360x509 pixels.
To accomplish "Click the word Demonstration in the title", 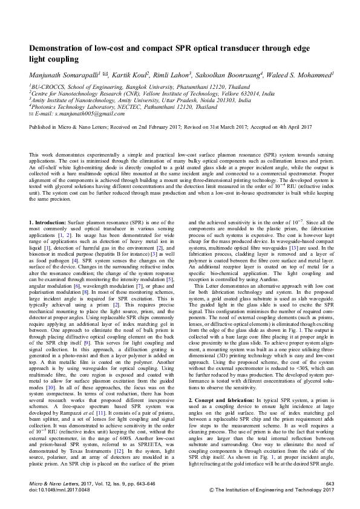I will point(60,48).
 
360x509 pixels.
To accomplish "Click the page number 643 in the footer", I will point(329,484).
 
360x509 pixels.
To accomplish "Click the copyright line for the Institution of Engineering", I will point(271,491).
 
